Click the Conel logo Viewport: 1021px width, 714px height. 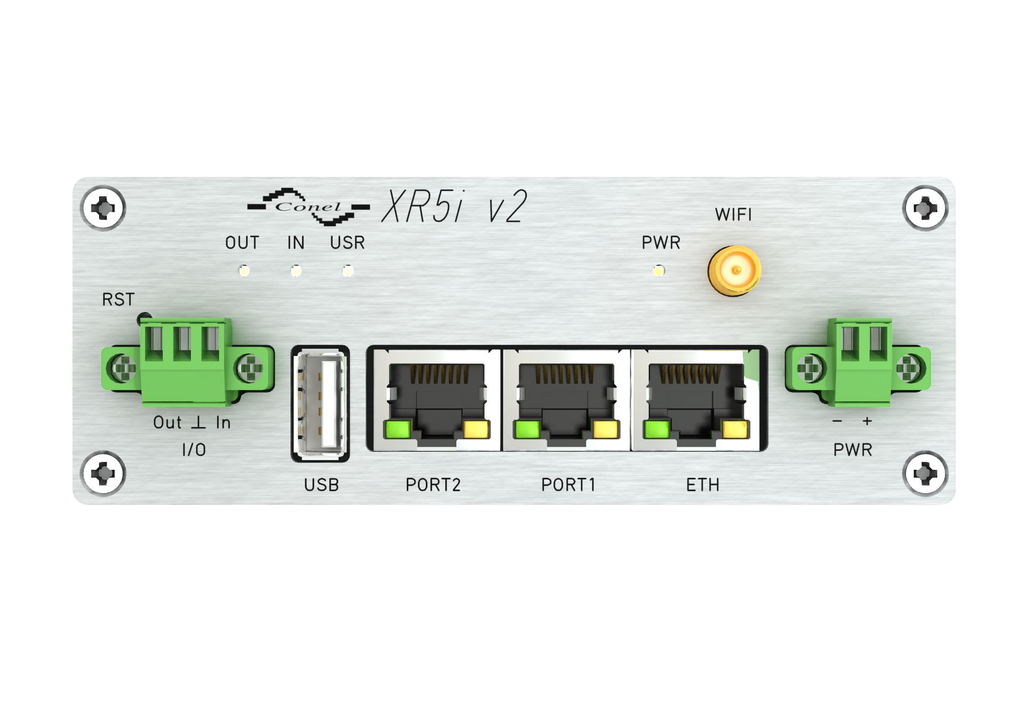pyautogui.click(x=308, y=207)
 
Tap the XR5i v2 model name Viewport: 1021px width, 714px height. pyautogui.click(x=454, y=206)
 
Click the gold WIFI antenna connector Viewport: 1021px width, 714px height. pyautogui.click(x=734, y=271)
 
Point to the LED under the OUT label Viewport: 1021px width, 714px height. pyautogui.click(x=245, y=270)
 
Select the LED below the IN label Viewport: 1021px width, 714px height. pyautogui.click(x=296, y=270)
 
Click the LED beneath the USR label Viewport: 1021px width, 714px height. pyautogui.click(x=348, y=270)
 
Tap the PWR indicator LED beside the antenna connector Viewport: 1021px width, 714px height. pyautogui.click(x=659, y=270)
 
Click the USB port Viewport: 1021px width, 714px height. pyautogui.click(x=320, y=403)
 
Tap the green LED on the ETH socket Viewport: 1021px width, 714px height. pyautogui.click(x=657, y=429)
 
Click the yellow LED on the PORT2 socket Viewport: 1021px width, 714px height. pyautogui.click(x=476, y=429)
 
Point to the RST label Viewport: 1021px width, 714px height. pyautogui.click(x=118, y=299)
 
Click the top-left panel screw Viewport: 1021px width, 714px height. pyautogui.click(x=103, y=208)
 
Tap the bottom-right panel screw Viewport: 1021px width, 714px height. pyautogui.click(x=925, y=474)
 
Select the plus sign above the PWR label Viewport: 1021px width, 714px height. pyautogui.click(x=867, y=421)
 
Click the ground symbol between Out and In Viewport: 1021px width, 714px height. pyautogui.click(x=199, y=422)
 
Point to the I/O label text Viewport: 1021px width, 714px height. pyautogui.click(x=194, y=450)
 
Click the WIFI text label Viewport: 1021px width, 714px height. pyautogui.click(x=734, y=215)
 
